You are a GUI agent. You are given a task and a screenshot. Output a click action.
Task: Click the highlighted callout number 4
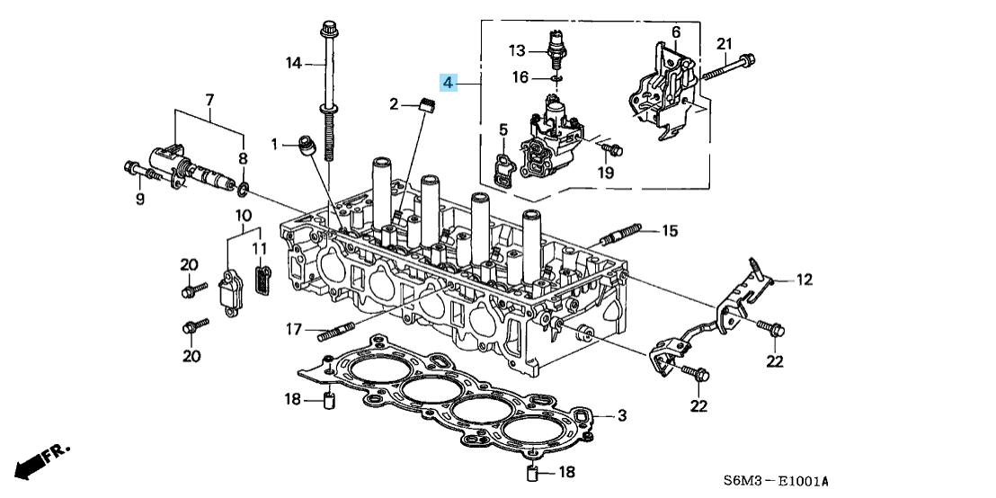449,84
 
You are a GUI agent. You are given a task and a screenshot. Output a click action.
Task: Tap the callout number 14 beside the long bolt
293,63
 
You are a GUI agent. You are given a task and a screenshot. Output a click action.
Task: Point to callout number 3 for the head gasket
620,415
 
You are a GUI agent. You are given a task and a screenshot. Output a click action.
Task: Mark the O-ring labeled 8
244,188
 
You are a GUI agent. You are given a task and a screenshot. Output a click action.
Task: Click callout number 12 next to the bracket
803,280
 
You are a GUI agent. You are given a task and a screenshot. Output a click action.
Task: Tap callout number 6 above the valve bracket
675,32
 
